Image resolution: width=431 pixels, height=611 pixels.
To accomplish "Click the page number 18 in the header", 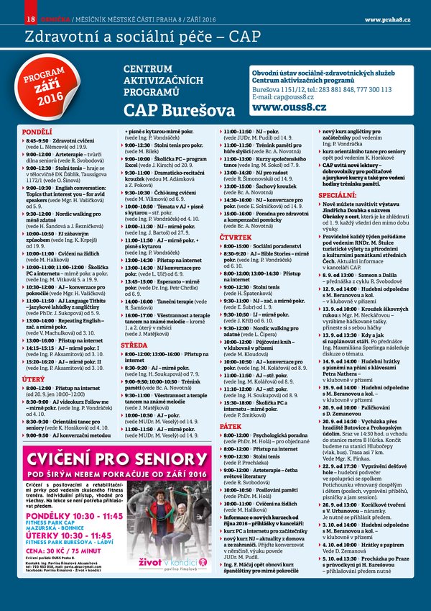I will pos(29,18).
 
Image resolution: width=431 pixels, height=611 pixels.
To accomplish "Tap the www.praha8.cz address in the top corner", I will pos(387,18).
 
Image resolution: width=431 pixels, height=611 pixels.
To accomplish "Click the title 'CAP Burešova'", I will pos(178,110).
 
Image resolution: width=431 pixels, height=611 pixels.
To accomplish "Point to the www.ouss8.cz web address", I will pos(288,106).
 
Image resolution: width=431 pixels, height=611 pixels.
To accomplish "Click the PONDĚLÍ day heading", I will pos(37,132).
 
